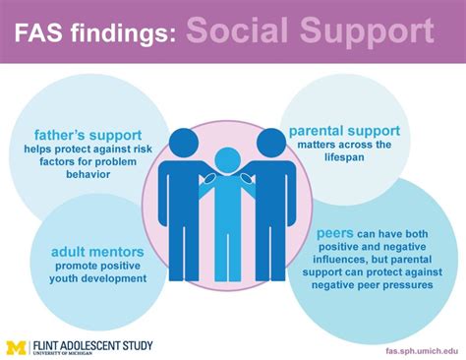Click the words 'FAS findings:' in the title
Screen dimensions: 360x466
tap(93, 34)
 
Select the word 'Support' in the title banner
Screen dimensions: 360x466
tap(368, 32)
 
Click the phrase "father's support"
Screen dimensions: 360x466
tap(76, 135)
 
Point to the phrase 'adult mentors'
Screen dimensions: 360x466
tap(96, 252)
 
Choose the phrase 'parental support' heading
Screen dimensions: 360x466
tap(344, 130)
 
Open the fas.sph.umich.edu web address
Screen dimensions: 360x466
tap(412, 348)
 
